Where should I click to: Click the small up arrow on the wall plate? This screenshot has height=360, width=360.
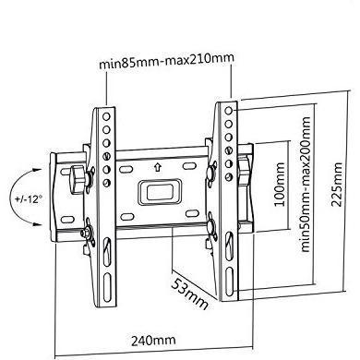coord(158,168)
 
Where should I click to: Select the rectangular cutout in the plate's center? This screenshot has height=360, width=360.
coord(158,193)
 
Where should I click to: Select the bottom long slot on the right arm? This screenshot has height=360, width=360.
coord(229,281)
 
